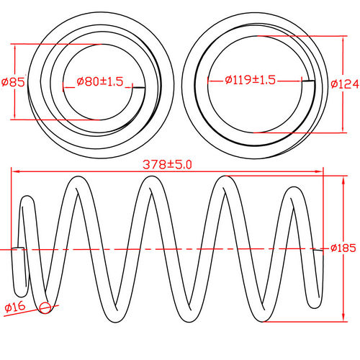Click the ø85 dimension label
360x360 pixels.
point(14,82)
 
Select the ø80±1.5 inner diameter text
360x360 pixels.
point(99,81)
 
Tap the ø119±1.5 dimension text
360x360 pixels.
point(250,81)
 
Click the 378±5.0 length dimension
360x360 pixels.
point(168,165)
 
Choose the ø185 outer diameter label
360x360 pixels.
point(344,248)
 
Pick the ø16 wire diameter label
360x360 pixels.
point(16,308)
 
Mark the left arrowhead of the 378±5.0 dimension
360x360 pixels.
point(15,171)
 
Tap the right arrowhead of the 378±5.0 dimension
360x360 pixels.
point(320,171)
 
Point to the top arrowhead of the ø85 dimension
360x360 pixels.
point(14,46)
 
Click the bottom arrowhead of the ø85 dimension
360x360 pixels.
point(14,117)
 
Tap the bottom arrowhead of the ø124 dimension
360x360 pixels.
point(339,131)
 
